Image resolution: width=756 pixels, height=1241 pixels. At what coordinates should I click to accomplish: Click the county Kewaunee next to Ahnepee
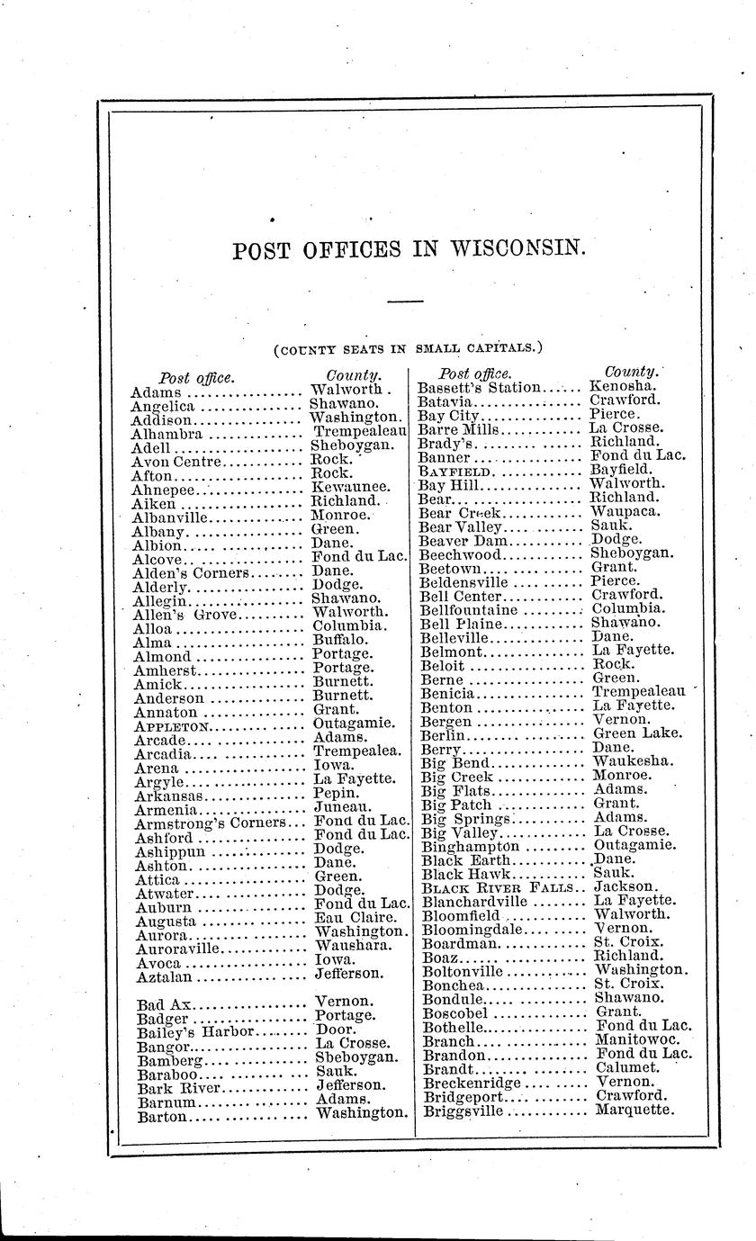click(x=350, y=487)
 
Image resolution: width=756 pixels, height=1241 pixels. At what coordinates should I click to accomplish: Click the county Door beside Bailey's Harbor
click(x=337, y=1030)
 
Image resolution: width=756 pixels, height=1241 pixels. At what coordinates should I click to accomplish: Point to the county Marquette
click(x=634, y=1111)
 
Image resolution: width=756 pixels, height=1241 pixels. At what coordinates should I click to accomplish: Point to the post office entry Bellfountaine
click(x=469, y=609)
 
